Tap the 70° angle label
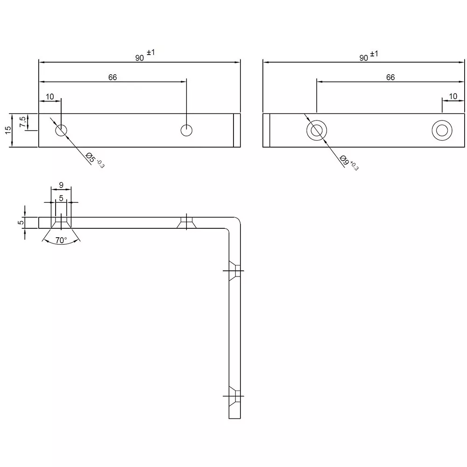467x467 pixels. pos(61,241)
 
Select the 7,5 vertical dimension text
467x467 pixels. pos(22,122)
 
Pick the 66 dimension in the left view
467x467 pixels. pos(113,77)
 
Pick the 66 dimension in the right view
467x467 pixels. pos(390,77)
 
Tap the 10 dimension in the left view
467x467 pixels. pos(50,97)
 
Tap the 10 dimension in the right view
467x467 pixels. pos(453,96)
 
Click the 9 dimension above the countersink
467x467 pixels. pos(61,185)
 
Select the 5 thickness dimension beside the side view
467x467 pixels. pos(20,223)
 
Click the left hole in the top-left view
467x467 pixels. pos(61,130)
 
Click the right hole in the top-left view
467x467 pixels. pos(187,130)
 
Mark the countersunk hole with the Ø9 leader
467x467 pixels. pos(316,130)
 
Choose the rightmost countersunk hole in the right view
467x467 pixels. pos(441,130)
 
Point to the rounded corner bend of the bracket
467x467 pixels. pos(235,223)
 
